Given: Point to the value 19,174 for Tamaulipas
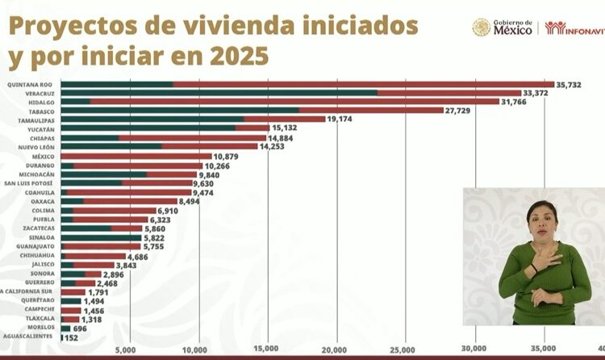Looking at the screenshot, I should click(x=343, y=119).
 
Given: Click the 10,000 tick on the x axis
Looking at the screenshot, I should click(x=195, y=349).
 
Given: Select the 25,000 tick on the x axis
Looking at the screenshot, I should click(x=404, y=349).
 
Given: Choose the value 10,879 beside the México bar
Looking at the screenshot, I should click(x=229, y=155).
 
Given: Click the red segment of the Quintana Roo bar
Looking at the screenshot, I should click(x=363, y=84).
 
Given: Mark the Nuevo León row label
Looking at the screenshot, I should click(x=34, y=146).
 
